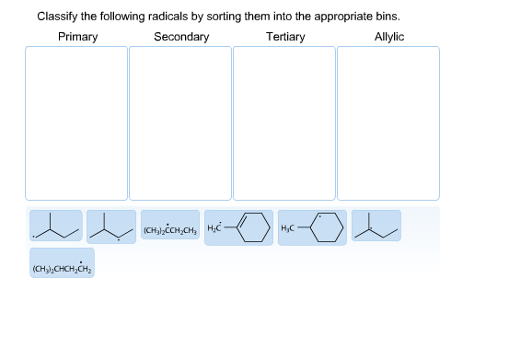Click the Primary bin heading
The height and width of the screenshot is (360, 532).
[x=77, y=37]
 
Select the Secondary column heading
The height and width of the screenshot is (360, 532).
[x=180, y=37]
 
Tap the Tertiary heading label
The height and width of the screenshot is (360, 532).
[x=285, y=37]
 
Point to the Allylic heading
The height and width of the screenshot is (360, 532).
[x=388, y=37]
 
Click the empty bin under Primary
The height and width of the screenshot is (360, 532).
[x=76, y=122]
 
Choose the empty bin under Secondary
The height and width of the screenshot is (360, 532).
[x=180, y=122]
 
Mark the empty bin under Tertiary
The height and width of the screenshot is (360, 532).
[x=284, y=122]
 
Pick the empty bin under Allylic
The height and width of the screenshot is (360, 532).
[x=387, y=122]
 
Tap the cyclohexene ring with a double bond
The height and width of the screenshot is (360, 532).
[x=254, y=227]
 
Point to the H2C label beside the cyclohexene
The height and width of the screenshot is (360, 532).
[x=216, y=227]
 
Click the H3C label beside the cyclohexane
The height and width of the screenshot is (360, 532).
[x=288, y=227]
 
